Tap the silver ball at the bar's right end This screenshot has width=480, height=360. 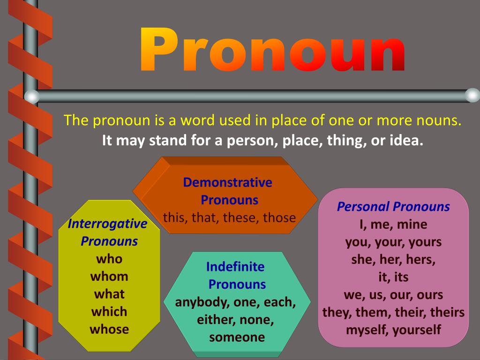tap(472, 96)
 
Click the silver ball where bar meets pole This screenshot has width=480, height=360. tap(31, 97)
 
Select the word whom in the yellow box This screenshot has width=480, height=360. tap(109, 277)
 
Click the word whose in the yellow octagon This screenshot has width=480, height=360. tap(109, 329)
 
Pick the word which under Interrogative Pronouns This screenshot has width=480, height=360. tap(109, 312)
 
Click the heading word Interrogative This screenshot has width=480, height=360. tap(107, 224)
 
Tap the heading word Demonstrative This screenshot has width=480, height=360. tap(228, 182)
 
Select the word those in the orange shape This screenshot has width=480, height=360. tap(279, 218)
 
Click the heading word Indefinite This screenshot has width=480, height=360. tap(235, 267)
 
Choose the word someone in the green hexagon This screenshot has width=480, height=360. tap(237, 337)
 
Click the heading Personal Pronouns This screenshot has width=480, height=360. tap(393, 207)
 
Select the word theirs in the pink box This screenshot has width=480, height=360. tap(447, 312)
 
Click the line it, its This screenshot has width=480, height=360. tap(393, 277)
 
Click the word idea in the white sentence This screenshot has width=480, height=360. tap(405, 141)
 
